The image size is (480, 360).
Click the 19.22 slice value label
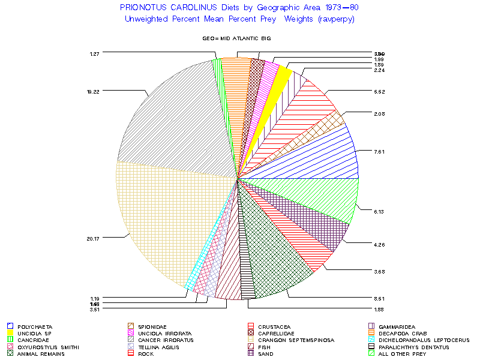click(92, 91)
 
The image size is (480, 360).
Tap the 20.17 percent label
click(92, 238)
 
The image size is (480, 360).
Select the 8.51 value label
click(379, 298)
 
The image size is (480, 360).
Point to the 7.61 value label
click(379, 151)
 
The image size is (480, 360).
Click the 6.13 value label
click(379, 211)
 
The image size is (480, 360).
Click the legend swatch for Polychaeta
click(10, 326)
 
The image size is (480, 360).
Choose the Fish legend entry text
click(265, 347)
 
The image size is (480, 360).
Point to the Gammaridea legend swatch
click(372, 326)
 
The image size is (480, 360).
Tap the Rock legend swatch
click(130, 354)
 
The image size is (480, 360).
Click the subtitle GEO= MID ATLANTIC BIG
click(237, 38)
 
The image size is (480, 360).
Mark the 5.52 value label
click(379, 91)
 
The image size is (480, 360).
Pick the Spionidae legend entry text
click(152, 326)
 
